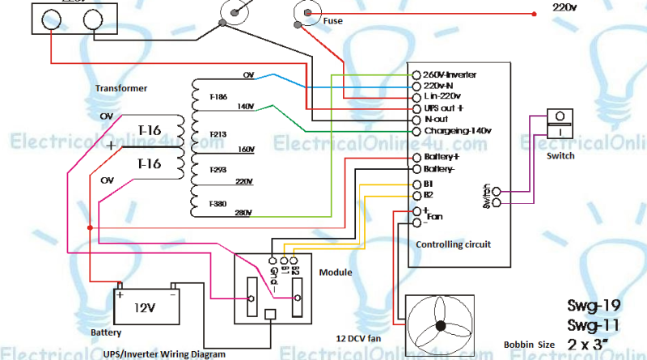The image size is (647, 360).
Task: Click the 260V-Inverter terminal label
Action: tap(450, 74)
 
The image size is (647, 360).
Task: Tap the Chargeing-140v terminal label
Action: tap(458, 130)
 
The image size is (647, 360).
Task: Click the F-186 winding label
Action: tap(218, 96)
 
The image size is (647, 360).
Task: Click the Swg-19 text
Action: tap(593, 306)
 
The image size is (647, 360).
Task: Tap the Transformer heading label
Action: tap(121, 87)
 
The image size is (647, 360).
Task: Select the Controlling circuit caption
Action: tap(453, 244)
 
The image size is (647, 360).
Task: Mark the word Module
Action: tap(336, 273)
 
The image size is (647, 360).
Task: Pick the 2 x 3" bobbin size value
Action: tap(591, 345)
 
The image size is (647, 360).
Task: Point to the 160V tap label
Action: tap(246, 150)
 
